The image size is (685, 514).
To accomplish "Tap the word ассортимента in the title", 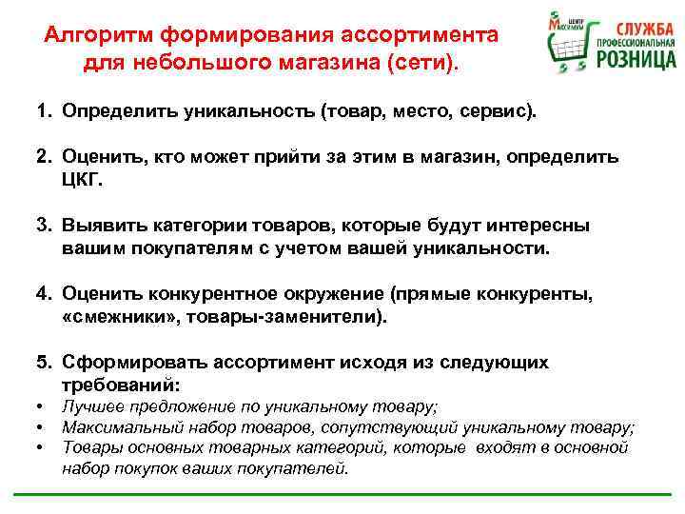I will click(x=429, y=35).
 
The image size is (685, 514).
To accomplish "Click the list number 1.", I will click(x=44, y=111).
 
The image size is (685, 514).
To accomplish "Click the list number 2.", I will click(x=44, y=155).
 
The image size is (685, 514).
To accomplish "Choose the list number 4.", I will click(x=44, y=294).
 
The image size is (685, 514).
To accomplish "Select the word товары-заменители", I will click(x=291, y=316).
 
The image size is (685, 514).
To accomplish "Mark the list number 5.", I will click(x=44, y=363).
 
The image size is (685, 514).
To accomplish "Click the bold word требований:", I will click(x=121, y=385).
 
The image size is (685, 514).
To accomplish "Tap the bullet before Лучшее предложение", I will click(x=43, y=407).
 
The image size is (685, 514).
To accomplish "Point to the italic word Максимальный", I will click(x=122, y=427).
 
